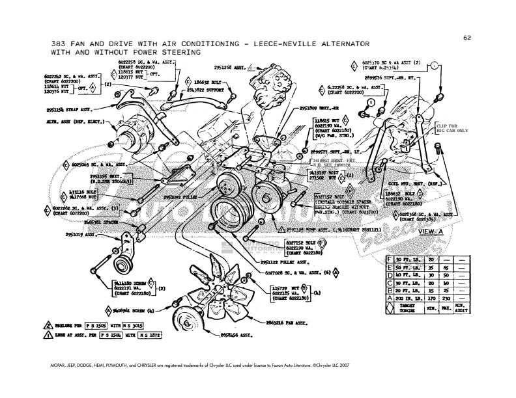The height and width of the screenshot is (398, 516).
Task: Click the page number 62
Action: click(x=466, y=37)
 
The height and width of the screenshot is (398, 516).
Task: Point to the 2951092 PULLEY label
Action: click(x=181, y=196)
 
